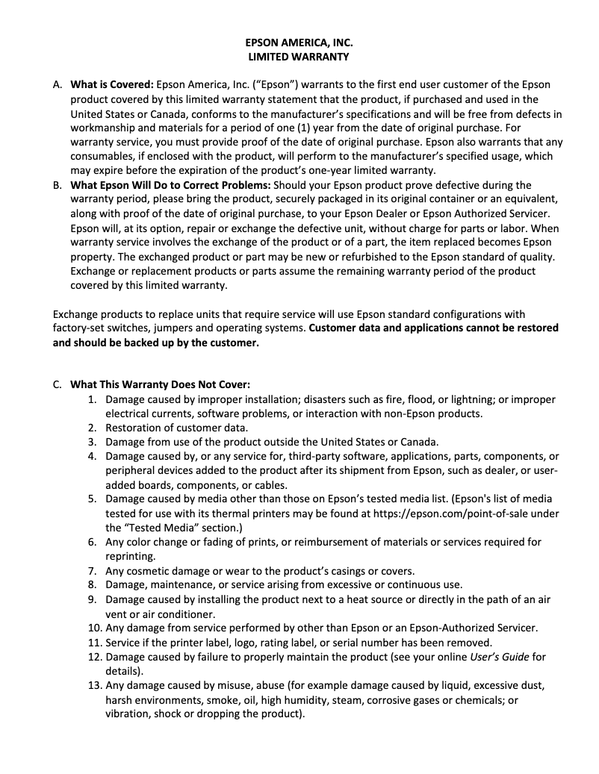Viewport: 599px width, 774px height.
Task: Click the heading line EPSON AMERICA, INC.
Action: [x=299, y=43]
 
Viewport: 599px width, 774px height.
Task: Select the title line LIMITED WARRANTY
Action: [x=299, y=57]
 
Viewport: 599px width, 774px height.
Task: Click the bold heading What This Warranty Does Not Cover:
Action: [x=160, y=385]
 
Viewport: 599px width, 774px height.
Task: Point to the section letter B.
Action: [x=58, y=185]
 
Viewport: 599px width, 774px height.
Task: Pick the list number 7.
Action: [x=93, y=570]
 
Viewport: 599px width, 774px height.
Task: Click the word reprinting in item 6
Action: [x=130, y=556]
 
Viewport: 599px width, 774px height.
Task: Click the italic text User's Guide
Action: [x=498, y=657]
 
